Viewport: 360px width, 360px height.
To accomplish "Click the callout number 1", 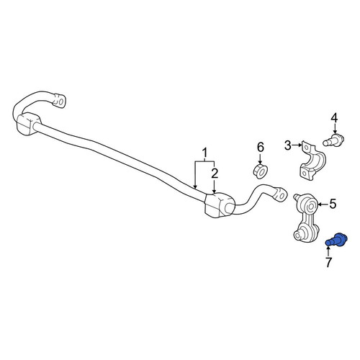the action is tap(204, 153).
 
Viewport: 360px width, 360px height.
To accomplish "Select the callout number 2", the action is tap(215, 174).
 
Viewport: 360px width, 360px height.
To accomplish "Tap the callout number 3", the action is tap(287, 145).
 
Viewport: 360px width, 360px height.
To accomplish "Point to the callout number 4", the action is tap(334, 118).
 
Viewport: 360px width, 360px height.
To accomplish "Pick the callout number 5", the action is tap(333, 204).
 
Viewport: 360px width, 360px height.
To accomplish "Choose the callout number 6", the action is tap(261, 147).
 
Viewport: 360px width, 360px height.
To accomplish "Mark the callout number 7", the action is tap(328, 262).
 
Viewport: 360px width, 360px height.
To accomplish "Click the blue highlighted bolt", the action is tap(336, 240).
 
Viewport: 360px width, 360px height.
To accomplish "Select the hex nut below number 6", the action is tap(261, 171).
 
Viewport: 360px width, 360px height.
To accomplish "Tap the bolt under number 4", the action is tap(333, 140).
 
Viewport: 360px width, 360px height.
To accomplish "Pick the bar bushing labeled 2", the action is tap(219, 204).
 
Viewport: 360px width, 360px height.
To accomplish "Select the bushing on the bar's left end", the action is tap(29, 123).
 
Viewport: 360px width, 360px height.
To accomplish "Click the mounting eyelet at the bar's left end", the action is tap(59, 100).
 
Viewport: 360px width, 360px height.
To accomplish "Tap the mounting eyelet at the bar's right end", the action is tap(281, 193).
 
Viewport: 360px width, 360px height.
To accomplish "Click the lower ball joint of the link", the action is tap(300, 233).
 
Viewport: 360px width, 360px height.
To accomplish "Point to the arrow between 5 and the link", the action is tap(323, 204).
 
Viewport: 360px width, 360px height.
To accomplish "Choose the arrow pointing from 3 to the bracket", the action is tap(297, 145).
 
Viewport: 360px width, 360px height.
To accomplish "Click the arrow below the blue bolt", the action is tap(328, 249).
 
